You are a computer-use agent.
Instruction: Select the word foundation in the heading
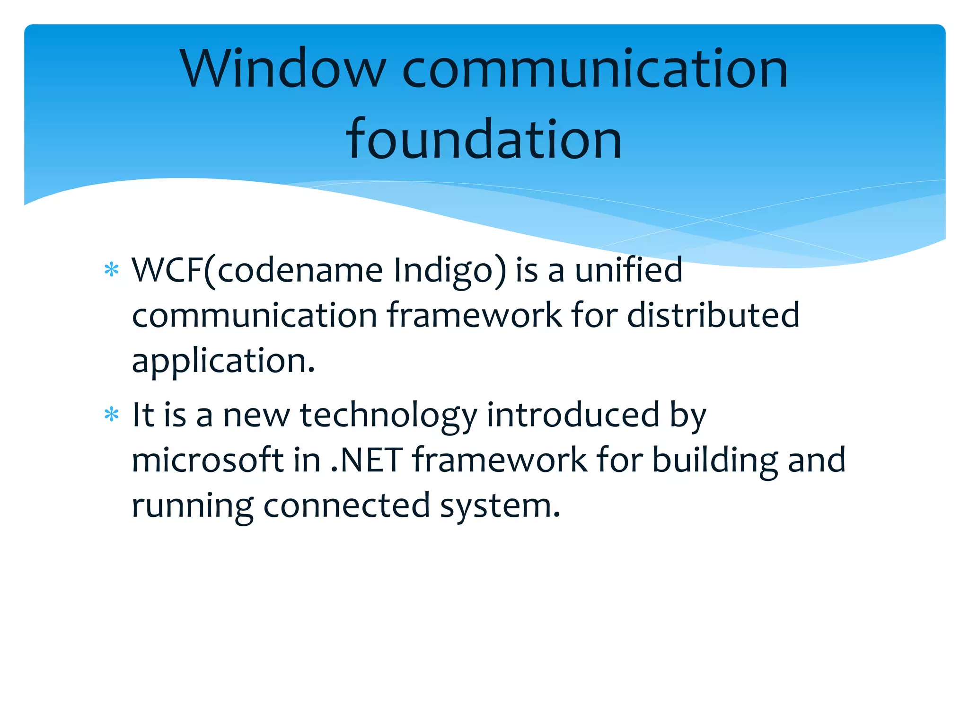pos(484,140)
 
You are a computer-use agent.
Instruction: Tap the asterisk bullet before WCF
pos(111,270)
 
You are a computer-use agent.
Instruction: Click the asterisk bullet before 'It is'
pos(111,415)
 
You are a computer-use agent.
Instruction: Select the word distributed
pos(713,315)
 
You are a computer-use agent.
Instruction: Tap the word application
pos(223,362)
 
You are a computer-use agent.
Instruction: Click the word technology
pos(388,416)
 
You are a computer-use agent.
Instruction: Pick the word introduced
pos(573,415)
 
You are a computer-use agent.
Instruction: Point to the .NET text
pos(367,460)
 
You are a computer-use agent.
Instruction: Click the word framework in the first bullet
pos(474,315)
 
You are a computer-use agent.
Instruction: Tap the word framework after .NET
pos(499,460)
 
